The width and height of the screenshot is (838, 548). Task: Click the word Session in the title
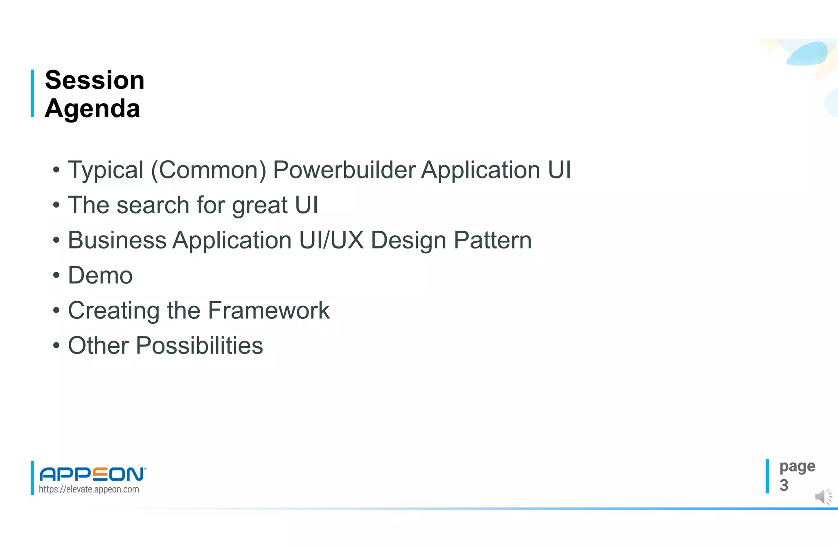(x=95, y=80)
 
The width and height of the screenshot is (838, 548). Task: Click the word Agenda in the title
(x=92, y=109)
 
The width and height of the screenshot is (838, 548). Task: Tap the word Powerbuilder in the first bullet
(x=344, y=170)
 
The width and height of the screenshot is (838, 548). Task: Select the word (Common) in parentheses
(x=209, y=170)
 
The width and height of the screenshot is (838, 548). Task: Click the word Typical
(x=106, y=170)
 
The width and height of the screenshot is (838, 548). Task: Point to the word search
(x=153, y=205)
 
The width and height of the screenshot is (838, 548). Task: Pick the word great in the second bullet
(x=260, y=206)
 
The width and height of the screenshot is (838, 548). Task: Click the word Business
(x=117, y=240)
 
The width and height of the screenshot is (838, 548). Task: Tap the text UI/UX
(x=331, y=240)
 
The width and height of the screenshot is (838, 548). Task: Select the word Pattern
(x=493, y=240)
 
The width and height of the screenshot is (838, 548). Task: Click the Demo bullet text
(x=100, y=275)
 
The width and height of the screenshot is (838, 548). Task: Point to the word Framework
(x=268, y=311)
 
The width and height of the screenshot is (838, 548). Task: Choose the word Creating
(x=114, y=311)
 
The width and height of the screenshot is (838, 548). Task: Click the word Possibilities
(x=199, y=346)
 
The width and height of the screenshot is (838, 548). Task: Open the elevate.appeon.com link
(x=89, y=489)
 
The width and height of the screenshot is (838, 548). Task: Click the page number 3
(x=784, y=485)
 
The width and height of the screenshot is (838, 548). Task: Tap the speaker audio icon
(x=823, y=497)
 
